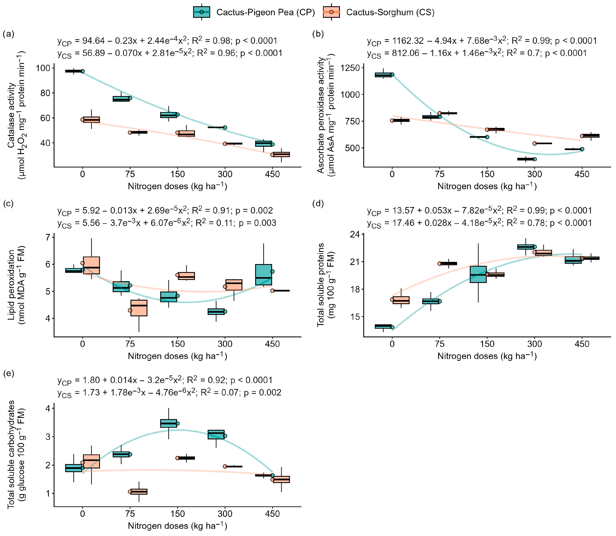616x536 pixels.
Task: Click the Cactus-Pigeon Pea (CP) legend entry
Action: [x=254, y=12]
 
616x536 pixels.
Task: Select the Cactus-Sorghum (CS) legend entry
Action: [x=379, y=12]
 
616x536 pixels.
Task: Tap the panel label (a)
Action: [x=8, y=34]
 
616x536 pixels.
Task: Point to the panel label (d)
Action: [x=318, y=204]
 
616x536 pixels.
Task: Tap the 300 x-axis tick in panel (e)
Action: [x=225, y=514]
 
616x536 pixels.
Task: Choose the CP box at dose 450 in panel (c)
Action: [x=264, y=274]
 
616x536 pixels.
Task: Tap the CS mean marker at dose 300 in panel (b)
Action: [x=534, y=143]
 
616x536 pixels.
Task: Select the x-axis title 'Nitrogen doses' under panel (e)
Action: [x=177, y=525]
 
